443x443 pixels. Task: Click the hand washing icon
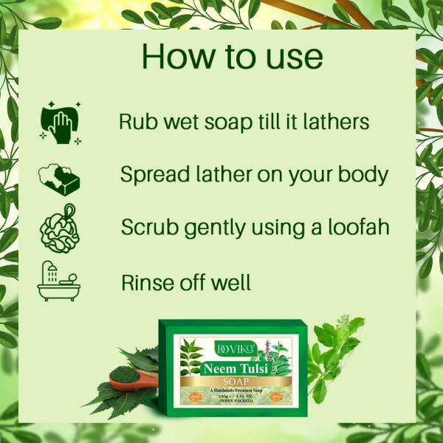point(61,122)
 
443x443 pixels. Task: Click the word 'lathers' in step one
point(333,122)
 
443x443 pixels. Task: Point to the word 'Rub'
point(137,122)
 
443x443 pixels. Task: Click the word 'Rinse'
point(146,281)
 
